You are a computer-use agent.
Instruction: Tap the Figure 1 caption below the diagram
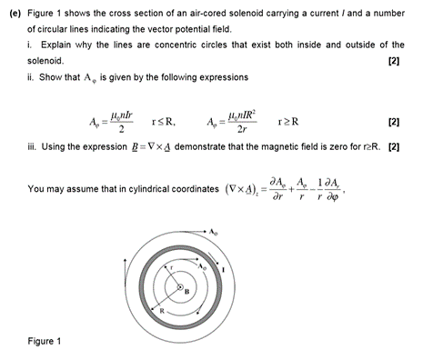(45, 342)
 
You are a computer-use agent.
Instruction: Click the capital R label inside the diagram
(162, 310)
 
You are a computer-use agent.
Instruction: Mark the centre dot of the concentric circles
(180, 287)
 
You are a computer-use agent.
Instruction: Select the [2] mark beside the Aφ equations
(393, 121)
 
